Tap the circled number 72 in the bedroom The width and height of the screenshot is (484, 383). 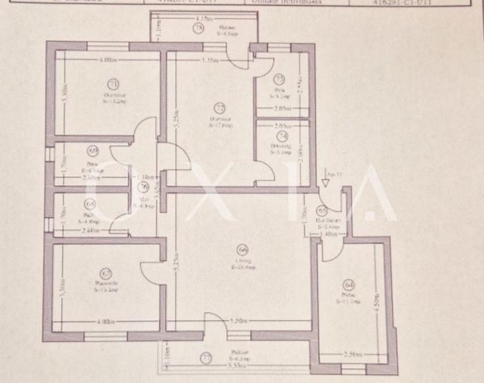tap(220, 107)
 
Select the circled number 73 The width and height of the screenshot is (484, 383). tap(279, 79)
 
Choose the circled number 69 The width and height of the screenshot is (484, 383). tap(93, 151)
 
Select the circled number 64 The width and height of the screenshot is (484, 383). tap(349, 285)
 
